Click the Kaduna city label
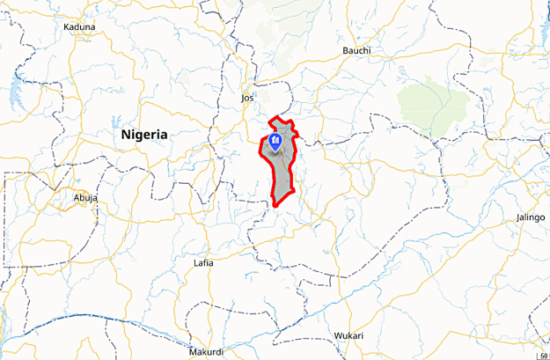pos(79,27)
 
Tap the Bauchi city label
pos(356,50)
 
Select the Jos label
pos(247,99)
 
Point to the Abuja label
pos(85,198)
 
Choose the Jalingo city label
pos(530,217)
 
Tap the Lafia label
pos(203,263)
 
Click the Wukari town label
pos(348,335)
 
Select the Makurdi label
pos(206,351)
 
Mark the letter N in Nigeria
pos(126,135)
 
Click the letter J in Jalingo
pos(517,217)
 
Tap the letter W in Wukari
pos(337,335)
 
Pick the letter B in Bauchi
pos(345,50)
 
